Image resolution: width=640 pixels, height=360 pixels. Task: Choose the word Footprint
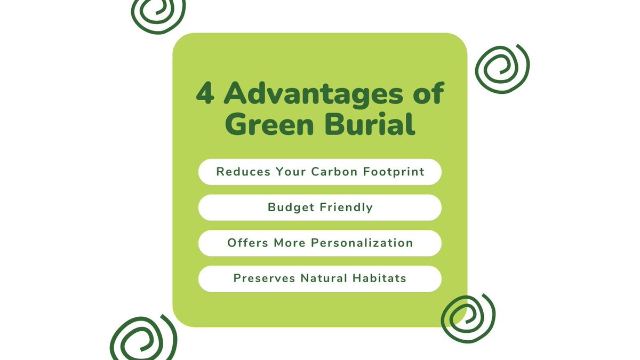click(394, 172)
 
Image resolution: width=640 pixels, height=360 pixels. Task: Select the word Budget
click(291, 207)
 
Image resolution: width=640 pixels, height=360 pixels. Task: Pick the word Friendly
click(346, 207)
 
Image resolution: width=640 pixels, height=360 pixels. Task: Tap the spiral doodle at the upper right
click(501, 68)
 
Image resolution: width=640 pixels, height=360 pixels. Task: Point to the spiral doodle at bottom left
click(142, 339)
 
